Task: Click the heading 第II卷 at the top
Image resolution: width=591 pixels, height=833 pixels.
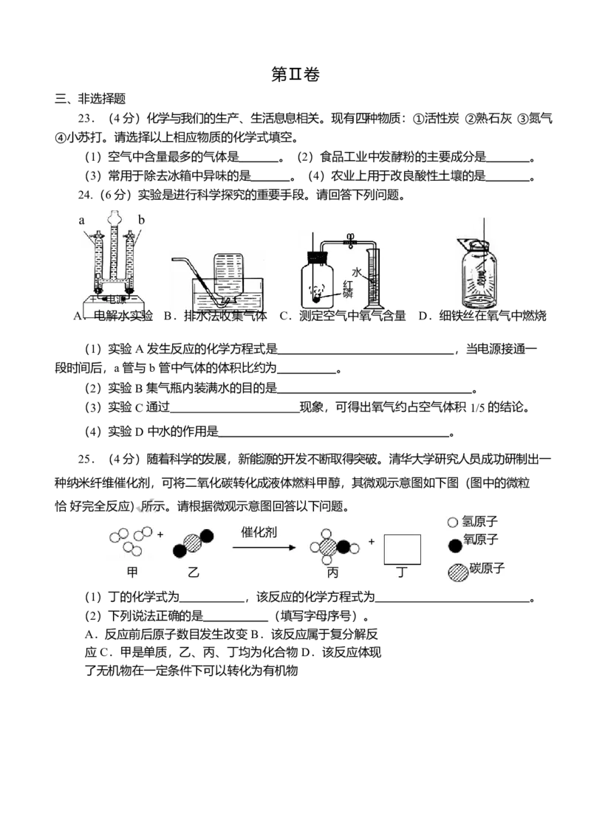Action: [x=295, y=75]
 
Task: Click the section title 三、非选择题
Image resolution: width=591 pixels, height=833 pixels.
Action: [x=90, y=99]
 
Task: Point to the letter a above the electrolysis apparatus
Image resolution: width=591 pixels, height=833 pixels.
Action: [x=81, y=220]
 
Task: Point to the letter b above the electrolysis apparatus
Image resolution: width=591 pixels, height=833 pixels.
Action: [x=141, y=219]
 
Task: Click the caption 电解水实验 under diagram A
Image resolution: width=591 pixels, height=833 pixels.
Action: [x=123, y=316]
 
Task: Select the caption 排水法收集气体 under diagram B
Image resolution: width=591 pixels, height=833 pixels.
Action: [x=225, y=316]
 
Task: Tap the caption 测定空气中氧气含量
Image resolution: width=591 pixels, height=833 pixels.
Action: [x=352, y=316]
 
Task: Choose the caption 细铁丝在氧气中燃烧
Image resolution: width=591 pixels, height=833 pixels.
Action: [x=493, y=316]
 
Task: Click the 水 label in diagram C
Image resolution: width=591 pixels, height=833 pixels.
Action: [x=357, y=272]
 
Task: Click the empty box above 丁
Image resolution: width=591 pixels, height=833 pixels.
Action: [x=402, y=550]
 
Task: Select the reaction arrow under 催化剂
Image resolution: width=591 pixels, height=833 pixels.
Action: [x=264, y=547]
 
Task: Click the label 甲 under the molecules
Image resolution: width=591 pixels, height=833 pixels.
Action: [x=132, y=572]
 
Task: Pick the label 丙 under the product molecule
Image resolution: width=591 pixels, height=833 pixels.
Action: [x=332, y=572]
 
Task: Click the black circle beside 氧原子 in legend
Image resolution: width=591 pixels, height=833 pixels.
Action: [x=455, y=545]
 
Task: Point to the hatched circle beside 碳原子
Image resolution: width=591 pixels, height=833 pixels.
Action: [x=457, y=572]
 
